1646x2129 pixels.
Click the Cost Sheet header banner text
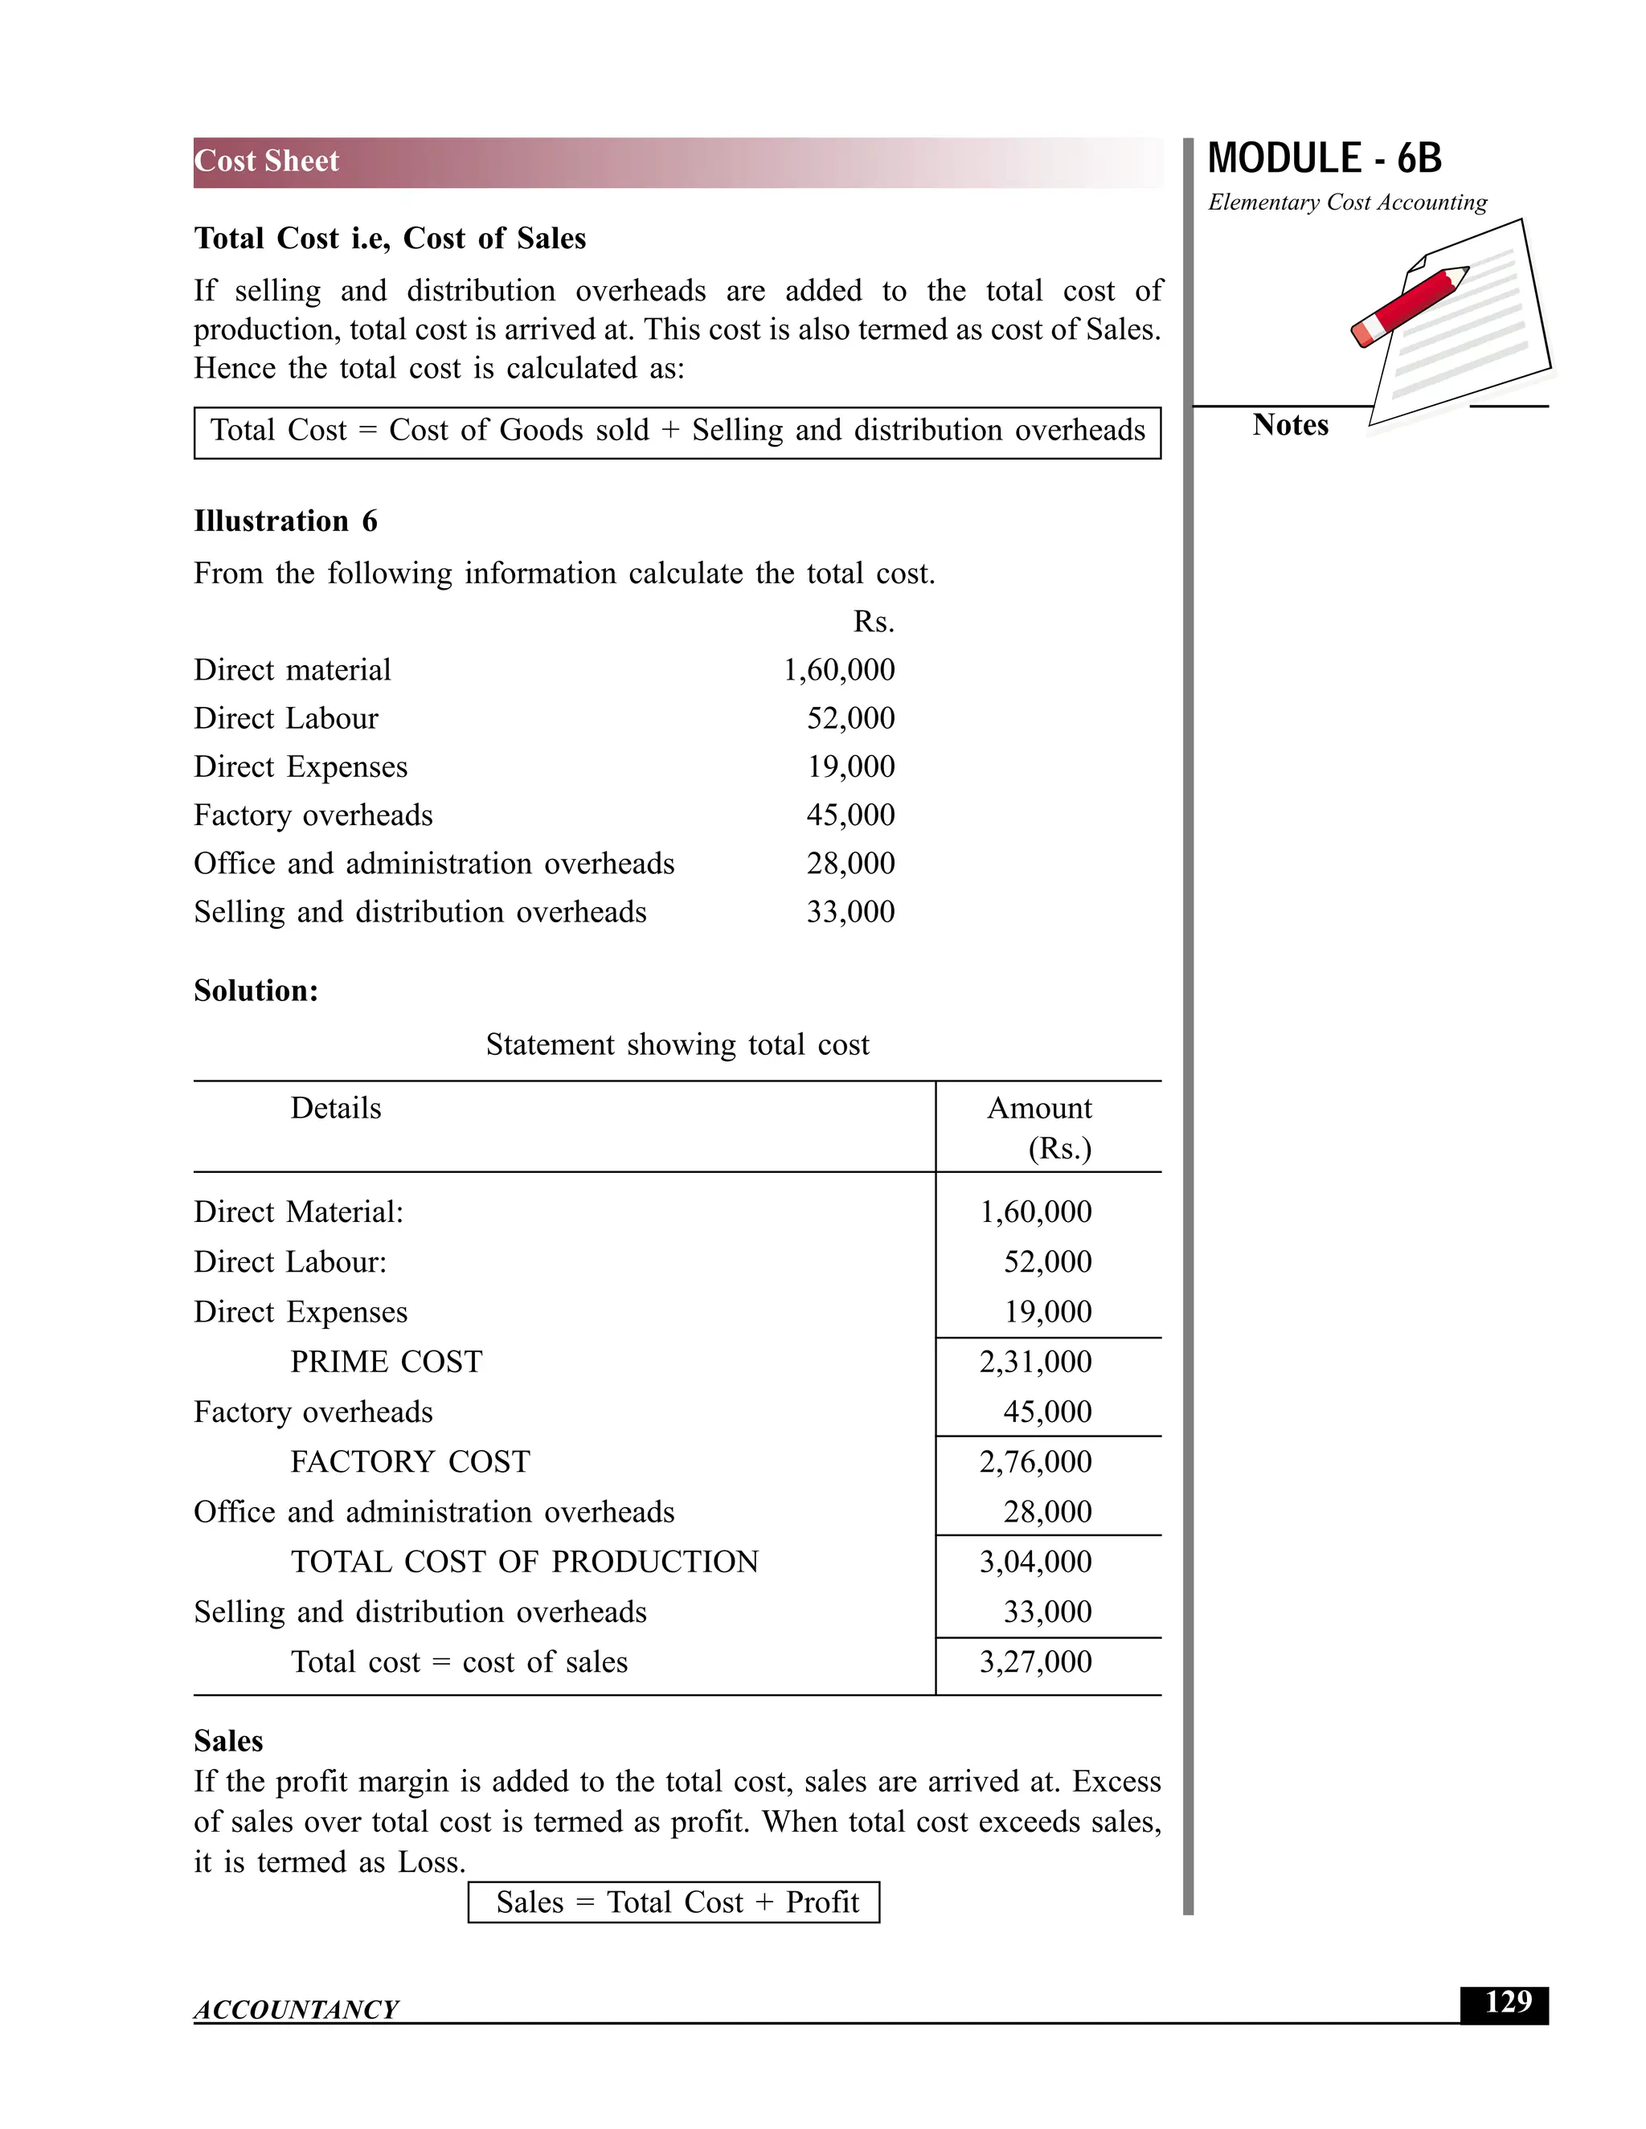[266, 161]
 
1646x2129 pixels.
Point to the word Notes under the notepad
[1290, 425]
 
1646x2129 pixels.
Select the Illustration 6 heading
[285, 521]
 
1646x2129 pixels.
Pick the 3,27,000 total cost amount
[1034, 1662]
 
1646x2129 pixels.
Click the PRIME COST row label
[386, 1362]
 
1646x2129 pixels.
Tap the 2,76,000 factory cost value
[1034, 1462]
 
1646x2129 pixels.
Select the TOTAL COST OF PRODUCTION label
[524, 1562]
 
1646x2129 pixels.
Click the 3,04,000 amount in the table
[1034, 1562]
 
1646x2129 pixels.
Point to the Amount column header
[1038, 1109]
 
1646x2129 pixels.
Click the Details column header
[335, 1109]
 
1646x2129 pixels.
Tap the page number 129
[1508, 2002]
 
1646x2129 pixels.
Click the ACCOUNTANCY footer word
[296, 2010]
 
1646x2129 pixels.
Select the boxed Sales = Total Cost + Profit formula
[674, 1902]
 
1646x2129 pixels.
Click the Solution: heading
[256, 991]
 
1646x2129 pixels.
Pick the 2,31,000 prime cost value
[1034, 1362]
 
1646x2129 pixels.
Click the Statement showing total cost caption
[677, 1045]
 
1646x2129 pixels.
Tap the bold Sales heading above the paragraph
[228, 1741]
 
